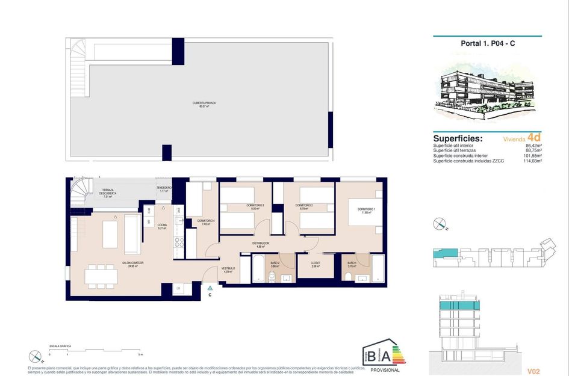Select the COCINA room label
162,226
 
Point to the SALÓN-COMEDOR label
132,264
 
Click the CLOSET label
316,264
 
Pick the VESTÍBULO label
228,269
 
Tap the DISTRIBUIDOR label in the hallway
260,244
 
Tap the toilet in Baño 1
348,275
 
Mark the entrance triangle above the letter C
210,289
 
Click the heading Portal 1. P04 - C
487,43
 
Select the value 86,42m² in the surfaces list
532,146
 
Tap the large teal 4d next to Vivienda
533,137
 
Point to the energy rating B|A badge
384,356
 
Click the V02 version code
533,371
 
